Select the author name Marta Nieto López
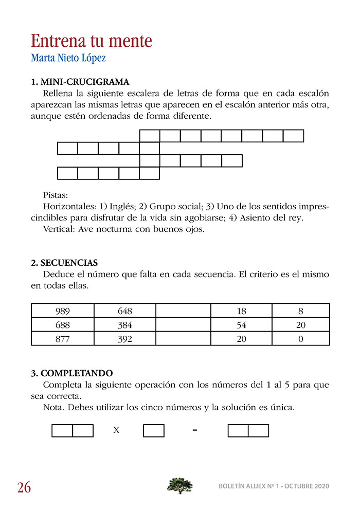pos(68,58)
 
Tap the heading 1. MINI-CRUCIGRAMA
pos(80,82)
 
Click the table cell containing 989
pos(62,311)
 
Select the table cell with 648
pos(124,311)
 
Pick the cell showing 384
pos(124,325)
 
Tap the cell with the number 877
pos(62,339)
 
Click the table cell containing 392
pos(124,339)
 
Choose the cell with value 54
pos(242,325)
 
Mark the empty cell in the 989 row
pos(183,311)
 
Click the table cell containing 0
pos(301,339)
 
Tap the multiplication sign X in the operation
pos(116,430)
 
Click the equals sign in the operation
pos(194,430)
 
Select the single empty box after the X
pos(154,430)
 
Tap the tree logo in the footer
pos(180,485)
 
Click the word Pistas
pos(56,196)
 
